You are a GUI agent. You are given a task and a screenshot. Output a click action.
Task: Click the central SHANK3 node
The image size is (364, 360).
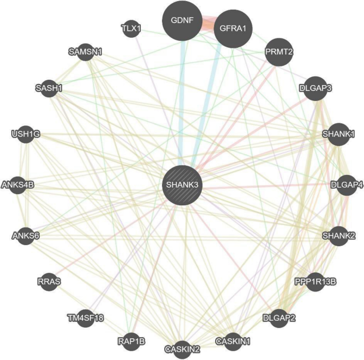(x=182, y=185)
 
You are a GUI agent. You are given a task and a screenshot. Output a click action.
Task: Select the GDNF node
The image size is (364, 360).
(x=182, y=21)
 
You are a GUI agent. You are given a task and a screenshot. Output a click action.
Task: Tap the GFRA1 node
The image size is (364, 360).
(x=233, y=29)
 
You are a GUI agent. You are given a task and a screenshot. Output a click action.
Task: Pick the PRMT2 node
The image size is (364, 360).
(x=278, y=52)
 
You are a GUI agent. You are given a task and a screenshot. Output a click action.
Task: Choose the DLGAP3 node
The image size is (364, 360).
(x=316, y=88)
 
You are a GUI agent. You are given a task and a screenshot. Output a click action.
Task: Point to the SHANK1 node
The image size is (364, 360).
(x=338, y=134)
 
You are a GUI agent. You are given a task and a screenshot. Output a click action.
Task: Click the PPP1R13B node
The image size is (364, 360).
(x=315, y=280)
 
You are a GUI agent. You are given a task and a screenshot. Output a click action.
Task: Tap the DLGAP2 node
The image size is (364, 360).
(x=279, y=319)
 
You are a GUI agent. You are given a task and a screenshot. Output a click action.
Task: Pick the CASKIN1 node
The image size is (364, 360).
(x=232, y=340)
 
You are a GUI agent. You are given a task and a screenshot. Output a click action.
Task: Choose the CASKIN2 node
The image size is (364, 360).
(x=182, y=348)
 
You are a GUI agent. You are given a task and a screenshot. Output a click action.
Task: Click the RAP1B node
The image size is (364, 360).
(x=131, y=340)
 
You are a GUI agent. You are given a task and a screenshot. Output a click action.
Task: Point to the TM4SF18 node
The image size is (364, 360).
(x=86, y=318)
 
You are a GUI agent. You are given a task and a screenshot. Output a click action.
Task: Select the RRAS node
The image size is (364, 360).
(x=49, y=281)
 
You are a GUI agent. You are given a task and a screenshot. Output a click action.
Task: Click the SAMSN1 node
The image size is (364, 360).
(x=86, y=52)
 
